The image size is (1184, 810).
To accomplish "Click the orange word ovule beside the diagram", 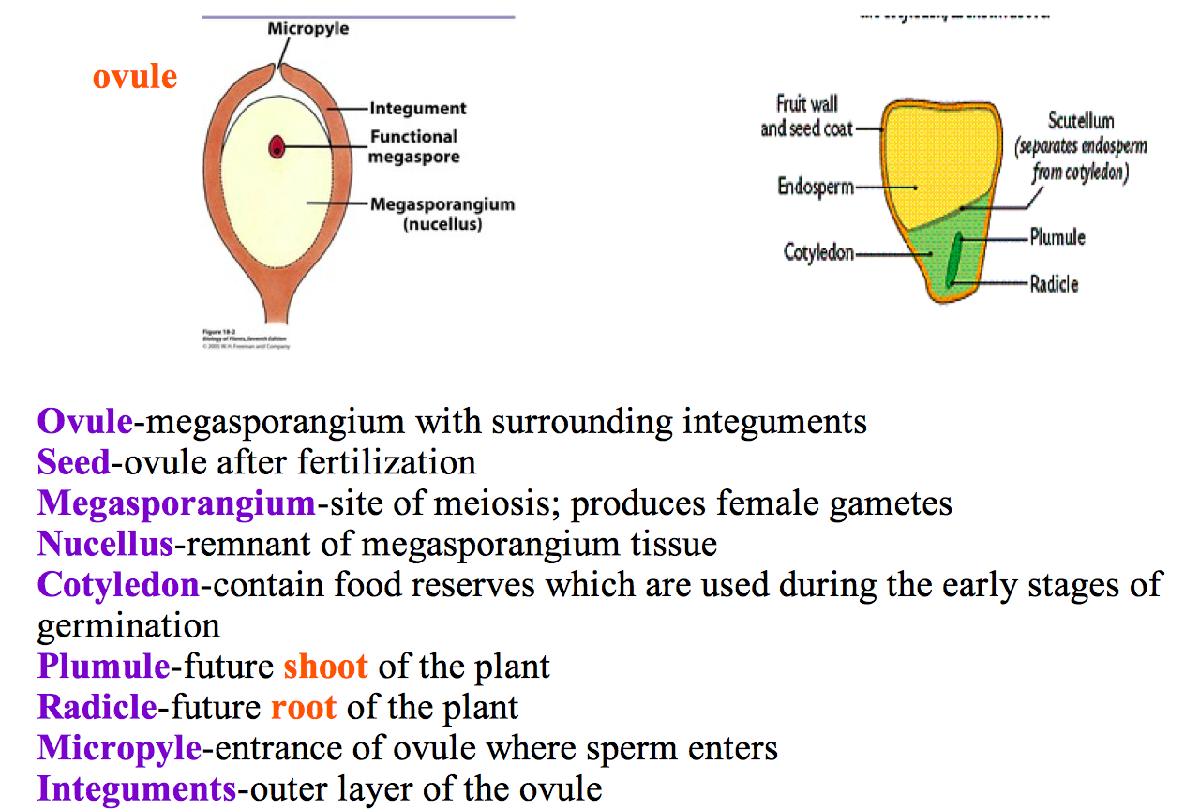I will click(x=134, y=76).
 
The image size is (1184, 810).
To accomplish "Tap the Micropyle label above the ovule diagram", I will click(x=307, y=28).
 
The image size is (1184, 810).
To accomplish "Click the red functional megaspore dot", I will click(x=277, y=146).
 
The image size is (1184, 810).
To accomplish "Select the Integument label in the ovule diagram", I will click(x=417, y=109).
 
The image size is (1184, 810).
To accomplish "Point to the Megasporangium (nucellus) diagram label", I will click(x=442, y=214).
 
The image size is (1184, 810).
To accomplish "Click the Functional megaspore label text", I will click(x=413, y=146).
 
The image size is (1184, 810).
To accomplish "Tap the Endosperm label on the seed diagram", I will click(x=815, y=186).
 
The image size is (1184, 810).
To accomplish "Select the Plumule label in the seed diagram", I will click(x=1057, y=237).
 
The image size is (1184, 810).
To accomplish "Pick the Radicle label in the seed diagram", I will click(x=1054, y=283).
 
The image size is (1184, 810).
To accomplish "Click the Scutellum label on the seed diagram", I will click(x=1080, y=122).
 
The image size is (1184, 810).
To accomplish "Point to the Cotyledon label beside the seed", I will click(x=818, y=253).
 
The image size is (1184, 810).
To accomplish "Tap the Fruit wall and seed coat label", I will click(x=806, y=115).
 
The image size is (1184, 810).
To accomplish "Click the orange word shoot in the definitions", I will click(x=325, y=667).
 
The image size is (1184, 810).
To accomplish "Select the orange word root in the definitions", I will click(x=304, y=707).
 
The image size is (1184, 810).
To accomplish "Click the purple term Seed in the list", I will click(x=73, y=462).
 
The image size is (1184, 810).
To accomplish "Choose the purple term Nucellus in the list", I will click(x=105, y=544).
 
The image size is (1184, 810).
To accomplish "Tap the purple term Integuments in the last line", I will click(x=137, y=788).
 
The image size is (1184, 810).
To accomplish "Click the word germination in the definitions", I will click(x=128, y=625).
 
